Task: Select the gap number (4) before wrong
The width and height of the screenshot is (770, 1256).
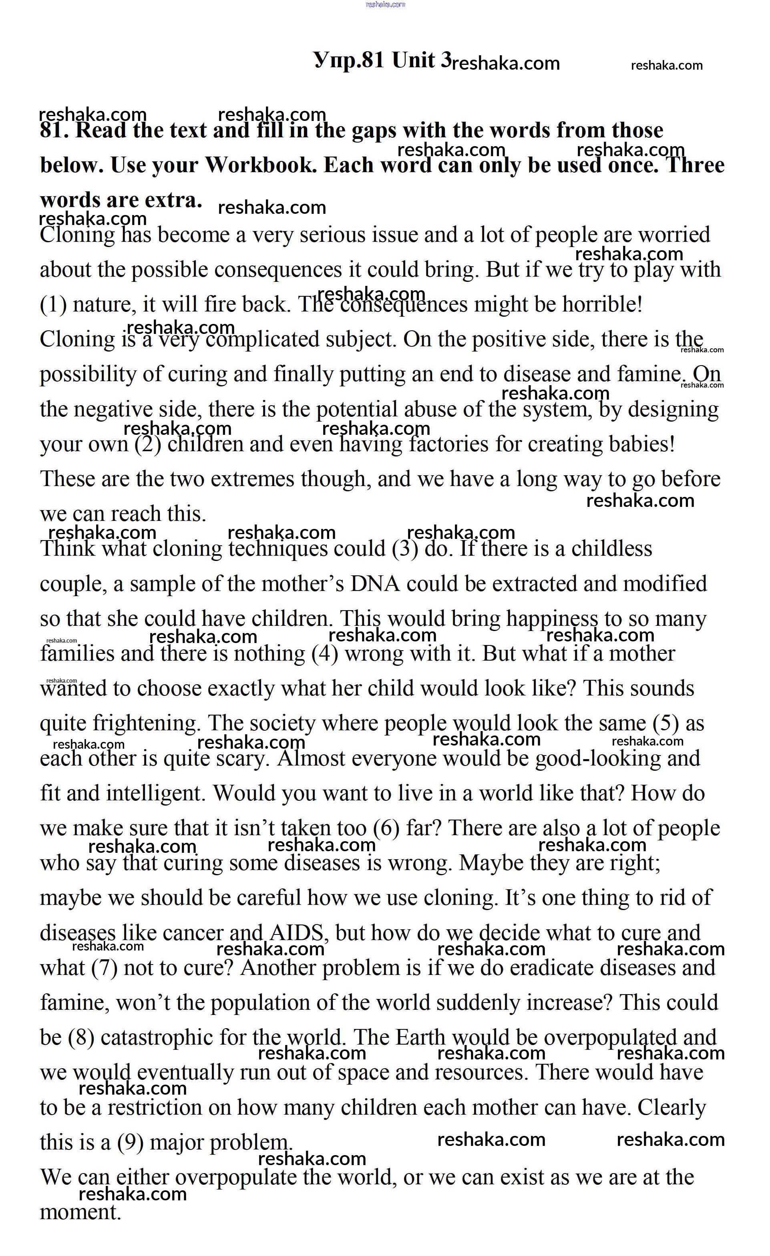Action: point(325,654)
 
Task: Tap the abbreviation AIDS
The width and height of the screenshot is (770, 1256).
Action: point(296,933)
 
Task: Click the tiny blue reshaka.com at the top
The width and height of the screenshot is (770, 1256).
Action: point(385,4)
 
